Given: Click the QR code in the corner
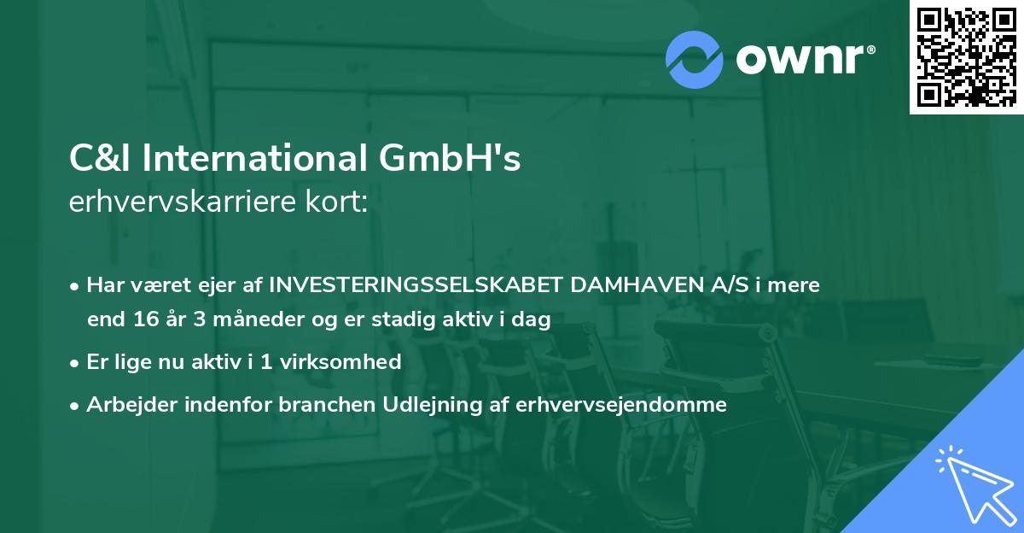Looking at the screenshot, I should [x=966, y=56].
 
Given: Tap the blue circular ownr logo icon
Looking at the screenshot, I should [x=695, y=59].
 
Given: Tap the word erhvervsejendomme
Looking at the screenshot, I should [x=621, y=405].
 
